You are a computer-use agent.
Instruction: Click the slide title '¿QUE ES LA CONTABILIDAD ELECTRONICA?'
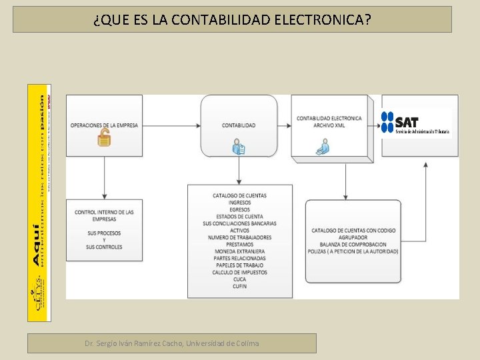[x=232, y=19]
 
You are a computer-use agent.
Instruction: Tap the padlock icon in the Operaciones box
[x=104, y=139]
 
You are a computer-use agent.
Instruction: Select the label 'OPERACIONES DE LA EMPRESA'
[x=104, y=125]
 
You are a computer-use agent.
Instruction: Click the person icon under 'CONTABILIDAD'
[x=239, y=147]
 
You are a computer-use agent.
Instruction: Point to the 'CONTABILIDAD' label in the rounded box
[x=239, y=125]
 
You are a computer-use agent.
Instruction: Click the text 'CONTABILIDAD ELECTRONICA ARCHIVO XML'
[x=329, y=121]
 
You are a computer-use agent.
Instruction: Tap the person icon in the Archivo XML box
[x=323, y=147]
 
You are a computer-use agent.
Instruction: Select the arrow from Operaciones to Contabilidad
[x=171, y=125]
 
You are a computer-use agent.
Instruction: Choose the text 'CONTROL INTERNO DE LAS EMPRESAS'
[x=104, y=215]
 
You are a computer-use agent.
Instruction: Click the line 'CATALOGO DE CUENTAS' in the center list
[x=239, y=195]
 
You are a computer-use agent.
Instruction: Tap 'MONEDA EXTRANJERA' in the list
[x=239, y=251]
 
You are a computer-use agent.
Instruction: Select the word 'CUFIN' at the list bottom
[x=239, y=286]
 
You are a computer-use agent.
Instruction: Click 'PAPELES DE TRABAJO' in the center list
[x=239, y=265]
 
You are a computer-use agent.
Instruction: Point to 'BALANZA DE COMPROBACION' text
[x=353, y=244]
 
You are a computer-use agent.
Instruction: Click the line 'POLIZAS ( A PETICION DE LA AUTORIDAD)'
[x=353, y=251]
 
